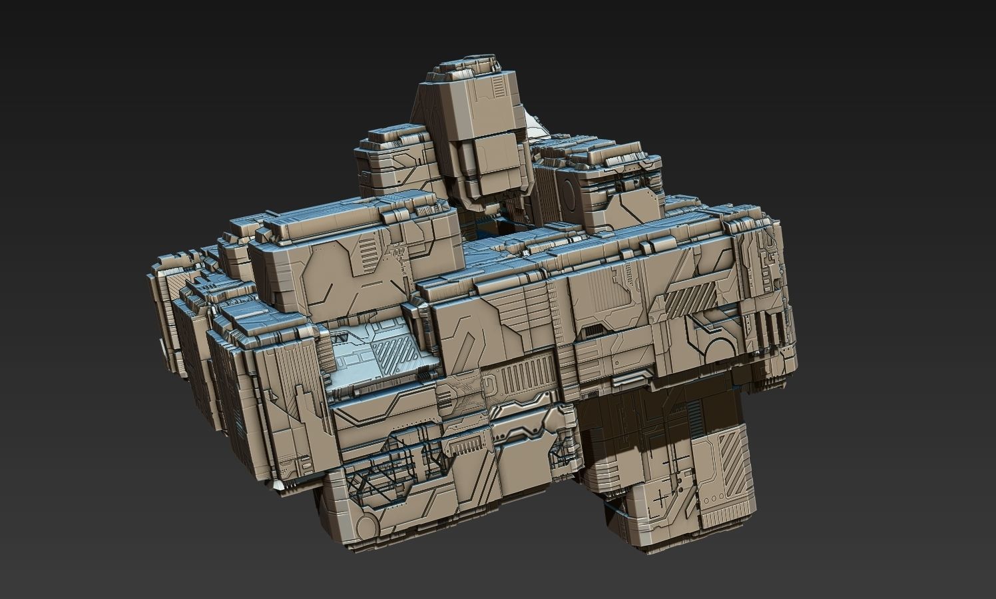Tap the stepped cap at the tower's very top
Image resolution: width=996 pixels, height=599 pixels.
(x=465, y=67)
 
